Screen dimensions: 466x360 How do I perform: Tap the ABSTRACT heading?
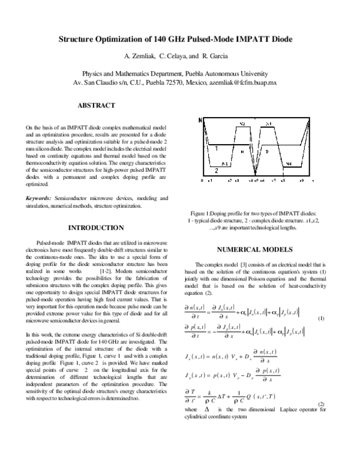96,106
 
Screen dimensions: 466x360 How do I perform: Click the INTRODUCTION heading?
97,228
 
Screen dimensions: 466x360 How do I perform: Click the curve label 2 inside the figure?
215,170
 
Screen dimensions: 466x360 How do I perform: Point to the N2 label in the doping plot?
242,124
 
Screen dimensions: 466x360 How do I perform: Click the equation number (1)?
321,318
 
